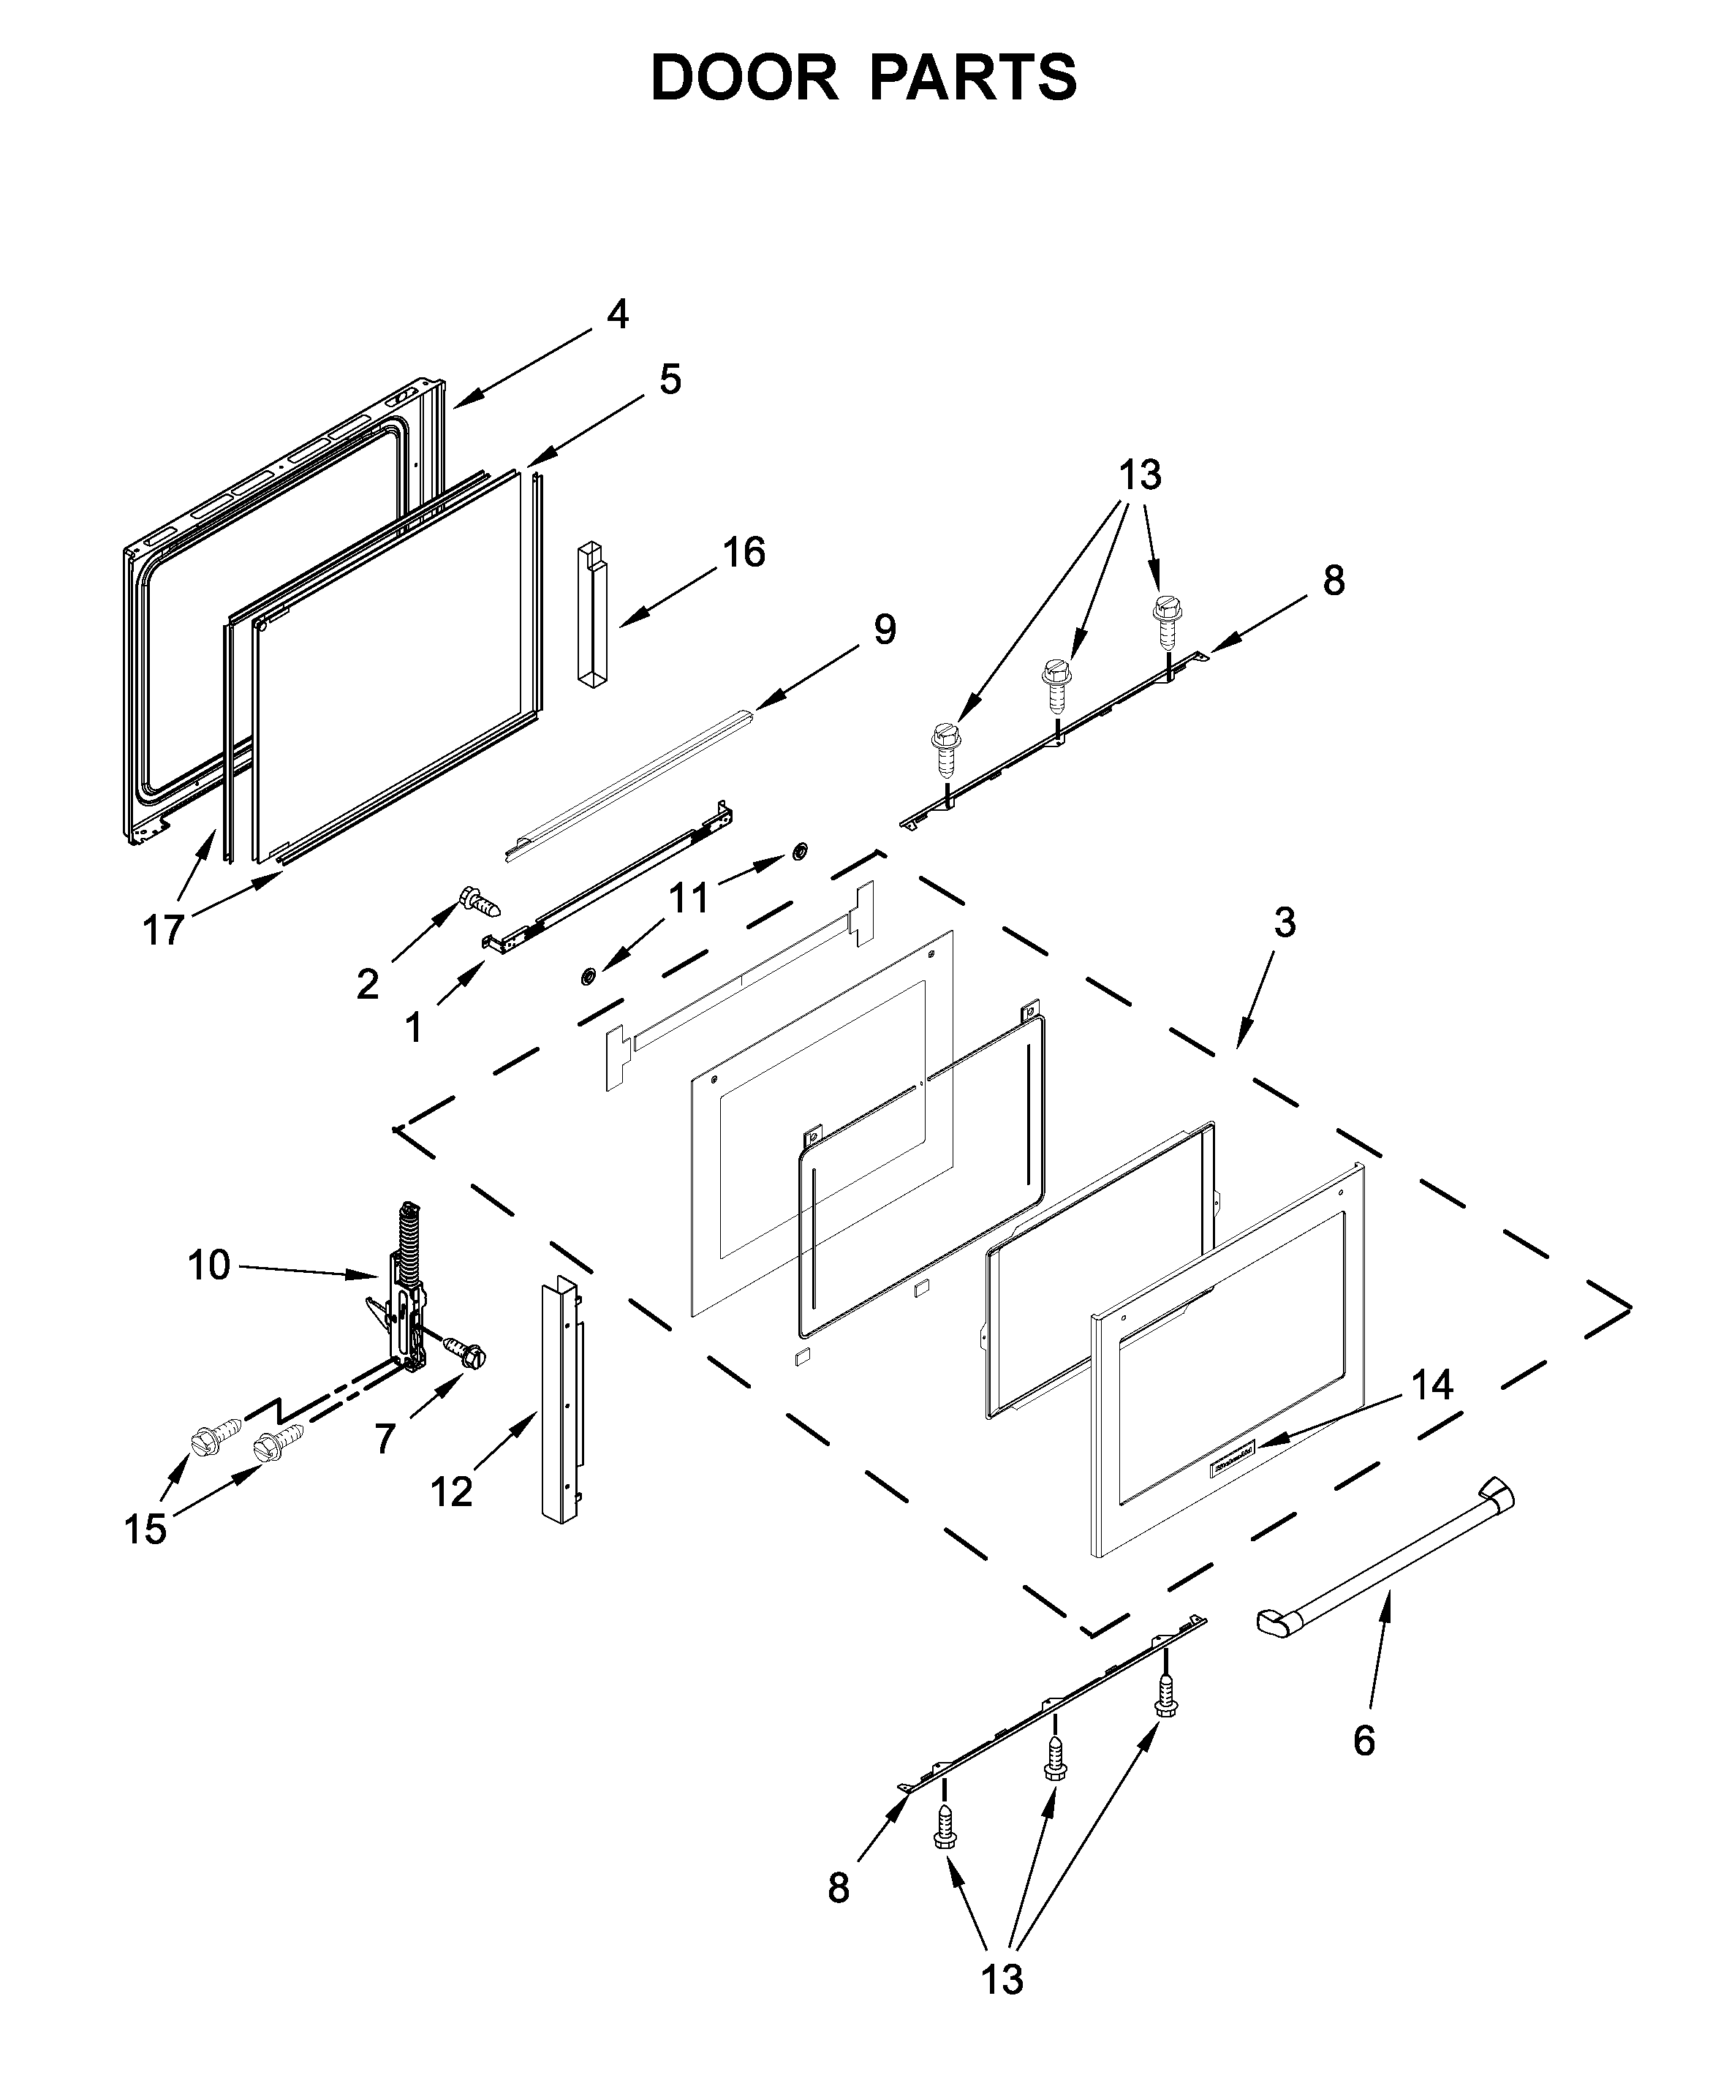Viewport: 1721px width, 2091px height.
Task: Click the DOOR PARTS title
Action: pos(863,78)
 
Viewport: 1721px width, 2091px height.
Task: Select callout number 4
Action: pos(616,314)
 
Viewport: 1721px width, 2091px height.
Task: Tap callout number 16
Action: pos(744,552)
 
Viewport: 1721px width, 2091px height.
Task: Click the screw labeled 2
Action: pos(479,901)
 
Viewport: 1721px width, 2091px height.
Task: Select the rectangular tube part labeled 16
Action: pos(592,615)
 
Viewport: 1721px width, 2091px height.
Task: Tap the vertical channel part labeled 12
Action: pos(560,1404)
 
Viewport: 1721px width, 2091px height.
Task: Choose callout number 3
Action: pos(1284,923)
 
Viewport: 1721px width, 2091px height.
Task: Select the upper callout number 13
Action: pos(1140,475)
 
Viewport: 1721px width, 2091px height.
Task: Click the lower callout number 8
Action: pos(839,1888)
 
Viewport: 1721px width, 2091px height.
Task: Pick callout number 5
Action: pos(670,379)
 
